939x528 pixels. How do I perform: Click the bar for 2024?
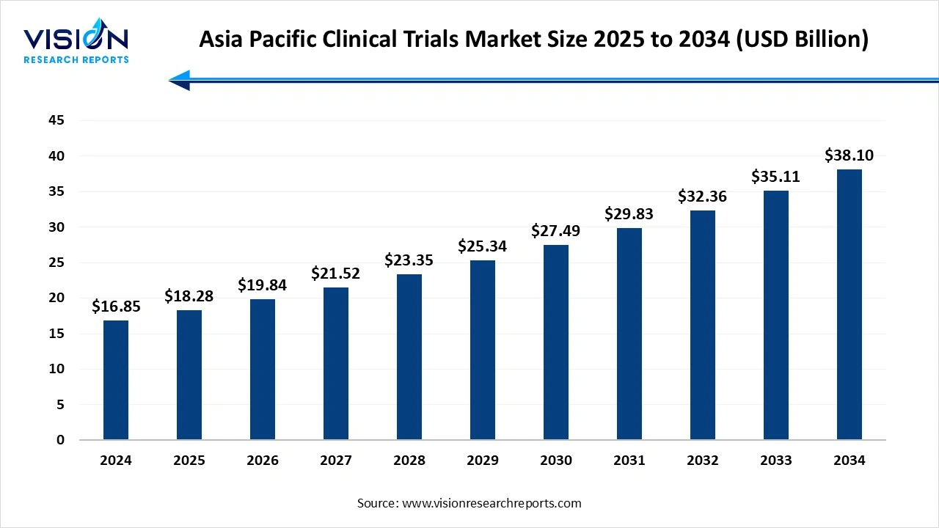(116, 380)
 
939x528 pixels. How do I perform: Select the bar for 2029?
(483, 350)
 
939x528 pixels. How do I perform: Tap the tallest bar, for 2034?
(850, 304)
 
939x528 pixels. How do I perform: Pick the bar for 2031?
(629, 334)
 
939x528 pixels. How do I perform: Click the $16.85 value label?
(116, 307)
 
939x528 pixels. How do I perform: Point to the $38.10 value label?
(850, 155)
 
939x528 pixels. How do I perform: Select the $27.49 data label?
(556, 231)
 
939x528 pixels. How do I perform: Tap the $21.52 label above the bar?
(336, 274)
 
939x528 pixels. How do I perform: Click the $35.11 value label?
(776, 177)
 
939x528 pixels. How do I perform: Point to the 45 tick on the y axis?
(56, 120)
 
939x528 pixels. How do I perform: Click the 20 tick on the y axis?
(56, 298)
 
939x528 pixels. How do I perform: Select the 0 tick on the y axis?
(60, 440)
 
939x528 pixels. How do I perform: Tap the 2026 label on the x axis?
(263, 461)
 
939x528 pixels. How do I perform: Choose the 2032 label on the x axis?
(703, 461)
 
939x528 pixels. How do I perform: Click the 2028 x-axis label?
(409, 461)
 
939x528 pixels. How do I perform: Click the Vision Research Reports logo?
(76, 44)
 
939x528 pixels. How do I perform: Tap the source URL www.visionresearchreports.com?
(492, 503)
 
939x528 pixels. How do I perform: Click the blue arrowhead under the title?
(180, 80)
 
